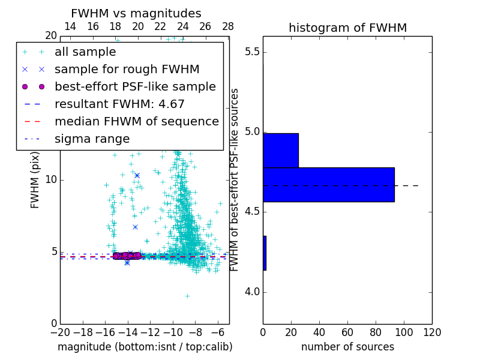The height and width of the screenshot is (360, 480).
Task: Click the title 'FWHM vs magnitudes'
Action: tap(136, 14)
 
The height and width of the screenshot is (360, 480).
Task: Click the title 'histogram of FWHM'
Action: tap(347, 28)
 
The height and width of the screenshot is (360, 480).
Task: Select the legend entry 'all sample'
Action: tap(85, 52)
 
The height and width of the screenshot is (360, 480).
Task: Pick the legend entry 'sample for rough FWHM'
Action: tap(127, 69)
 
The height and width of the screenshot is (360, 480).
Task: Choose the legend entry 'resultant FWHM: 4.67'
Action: tap(119, 104)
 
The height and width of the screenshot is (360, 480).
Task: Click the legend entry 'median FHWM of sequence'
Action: tap(136, 121)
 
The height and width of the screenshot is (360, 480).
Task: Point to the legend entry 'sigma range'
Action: tap(92, 139)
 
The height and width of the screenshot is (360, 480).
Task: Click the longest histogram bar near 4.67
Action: tap(328, 184)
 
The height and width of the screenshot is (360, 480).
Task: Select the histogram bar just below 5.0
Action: tap(280, 150)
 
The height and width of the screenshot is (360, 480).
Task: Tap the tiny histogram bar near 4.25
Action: tap(264, 253)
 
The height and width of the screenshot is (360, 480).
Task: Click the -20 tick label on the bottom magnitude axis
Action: tap(60, 331)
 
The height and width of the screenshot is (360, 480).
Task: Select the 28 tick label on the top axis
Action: tap(228, 26)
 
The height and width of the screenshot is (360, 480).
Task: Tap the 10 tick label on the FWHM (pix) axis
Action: tap(50, 180)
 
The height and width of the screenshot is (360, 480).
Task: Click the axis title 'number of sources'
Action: tap(347, 347)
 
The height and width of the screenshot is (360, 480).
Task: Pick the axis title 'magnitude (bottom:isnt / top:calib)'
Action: tap(145, 347)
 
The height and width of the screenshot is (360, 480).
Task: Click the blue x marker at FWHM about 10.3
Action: tap(137, 175)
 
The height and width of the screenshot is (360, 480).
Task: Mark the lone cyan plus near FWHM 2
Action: tap(187, 296)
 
